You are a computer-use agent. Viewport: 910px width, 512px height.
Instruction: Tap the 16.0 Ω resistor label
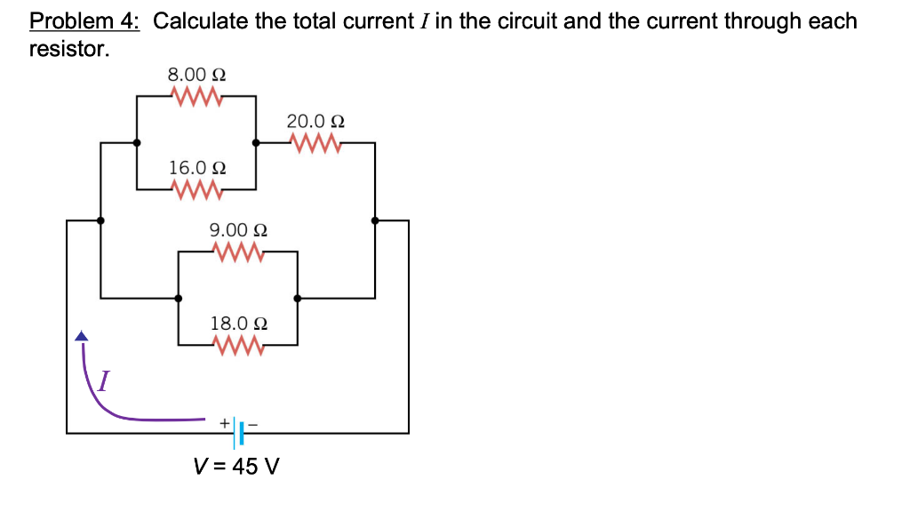coord(197,167)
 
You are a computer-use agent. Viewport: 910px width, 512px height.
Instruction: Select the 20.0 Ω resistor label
coord(315,121)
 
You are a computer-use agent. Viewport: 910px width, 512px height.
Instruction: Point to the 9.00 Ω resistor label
coord(239,230)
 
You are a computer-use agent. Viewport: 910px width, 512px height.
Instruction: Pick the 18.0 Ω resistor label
coord(239,324)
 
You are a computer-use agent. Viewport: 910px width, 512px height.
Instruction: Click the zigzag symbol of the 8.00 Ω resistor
coord(196,95)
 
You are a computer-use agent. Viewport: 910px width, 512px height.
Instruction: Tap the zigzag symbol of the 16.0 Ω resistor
coord(196,188)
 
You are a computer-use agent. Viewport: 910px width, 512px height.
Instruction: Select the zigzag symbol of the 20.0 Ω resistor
coord(315,142)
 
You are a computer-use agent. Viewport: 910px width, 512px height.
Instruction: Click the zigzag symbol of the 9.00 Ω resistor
coord(238,252)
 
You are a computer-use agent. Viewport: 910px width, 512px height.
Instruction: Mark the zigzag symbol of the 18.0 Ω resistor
coord(238,345)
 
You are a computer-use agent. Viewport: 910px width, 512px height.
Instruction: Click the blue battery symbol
coord(239,434)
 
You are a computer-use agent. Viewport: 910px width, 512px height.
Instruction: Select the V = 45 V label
coord(236,466)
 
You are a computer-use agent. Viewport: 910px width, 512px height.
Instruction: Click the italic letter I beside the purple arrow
coord(104,382)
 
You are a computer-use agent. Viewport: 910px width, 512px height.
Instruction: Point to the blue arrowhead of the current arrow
coord(82,336)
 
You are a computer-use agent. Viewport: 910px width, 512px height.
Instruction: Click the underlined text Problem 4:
coord(84,21)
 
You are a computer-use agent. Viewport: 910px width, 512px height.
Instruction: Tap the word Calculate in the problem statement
coord(201,21)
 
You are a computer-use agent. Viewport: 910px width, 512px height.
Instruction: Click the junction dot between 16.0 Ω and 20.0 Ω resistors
coord(257,142)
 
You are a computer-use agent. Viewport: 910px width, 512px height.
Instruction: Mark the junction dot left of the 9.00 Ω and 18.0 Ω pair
coord(179,299)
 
